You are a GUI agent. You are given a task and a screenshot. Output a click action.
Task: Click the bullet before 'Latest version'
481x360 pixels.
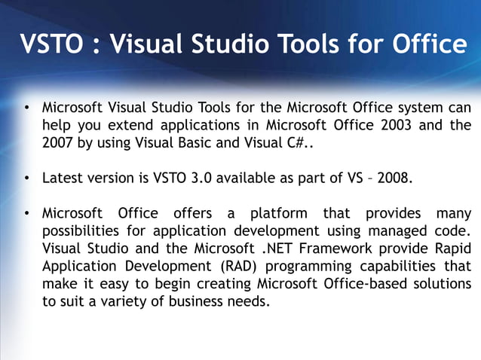point(26,179)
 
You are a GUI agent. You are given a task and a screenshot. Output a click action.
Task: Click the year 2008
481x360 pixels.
point(395,179)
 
